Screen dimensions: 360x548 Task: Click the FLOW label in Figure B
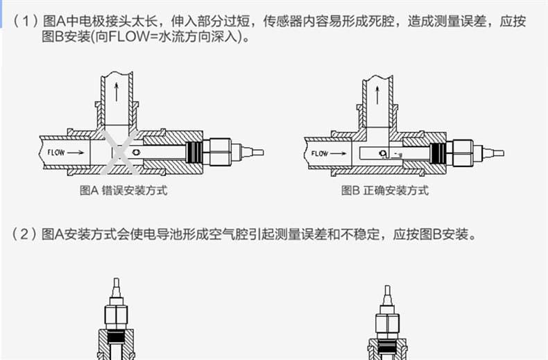coord(320,153)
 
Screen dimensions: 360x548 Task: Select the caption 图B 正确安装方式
coord(385,191)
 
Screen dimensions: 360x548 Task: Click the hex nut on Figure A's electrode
coord(220,151)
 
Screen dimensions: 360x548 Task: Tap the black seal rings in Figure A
coord(198,151)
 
